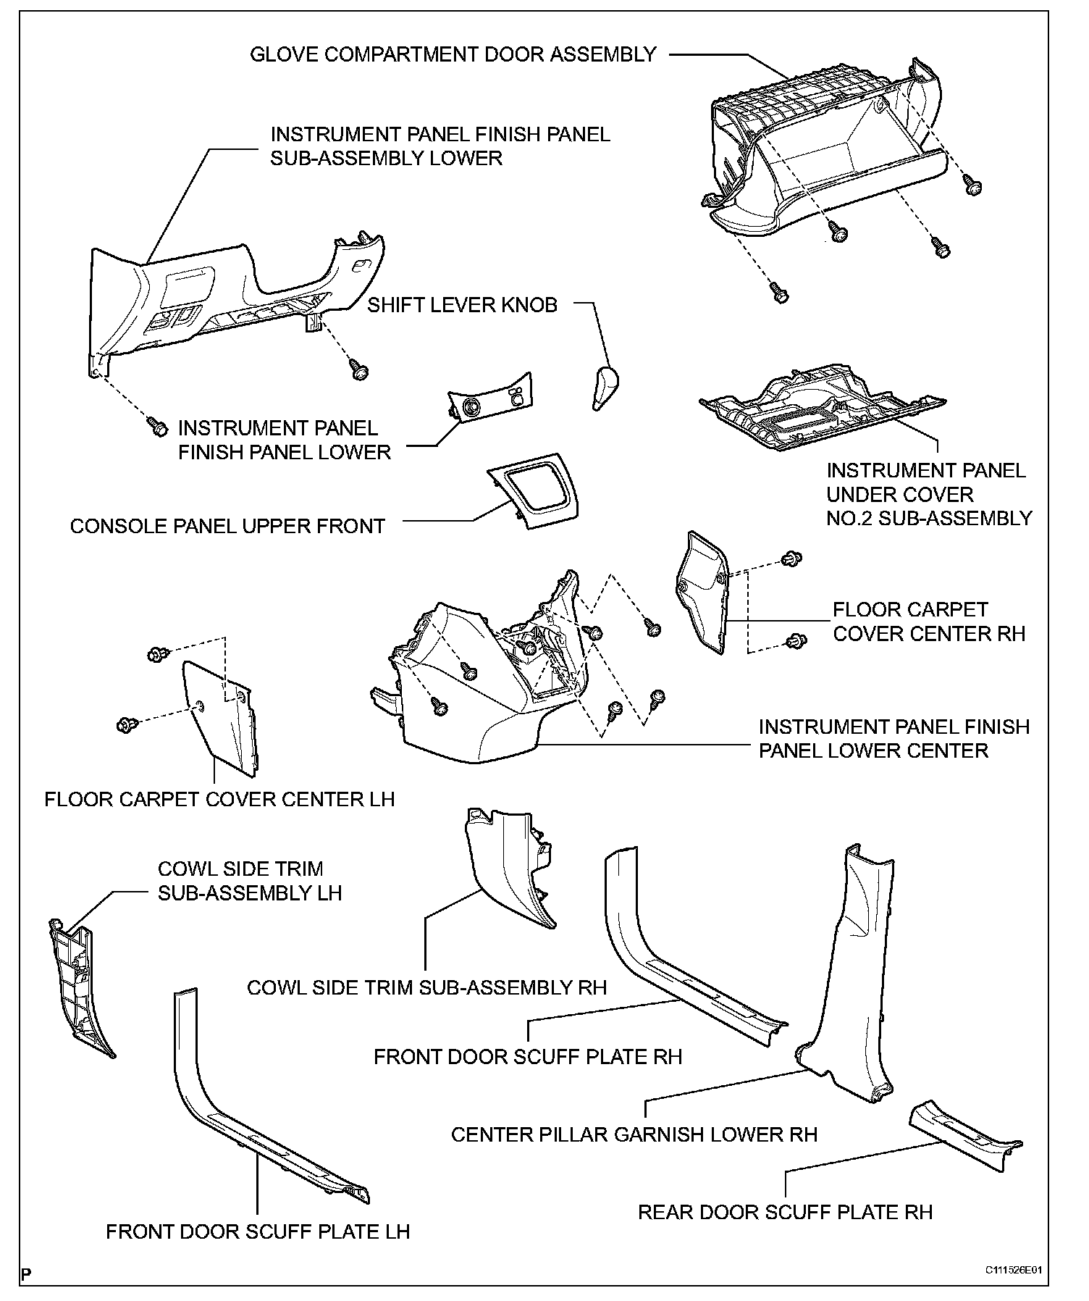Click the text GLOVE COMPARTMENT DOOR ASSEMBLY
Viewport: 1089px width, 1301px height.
(x=453, y=54)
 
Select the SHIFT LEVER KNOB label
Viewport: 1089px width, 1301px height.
(x=462, y=305)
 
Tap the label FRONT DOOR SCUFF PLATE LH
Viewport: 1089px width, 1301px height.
(x=258, y=1231)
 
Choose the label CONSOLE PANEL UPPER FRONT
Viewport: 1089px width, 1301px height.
(x=227, y=526)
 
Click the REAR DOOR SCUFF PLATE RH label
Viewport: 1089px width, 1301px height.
(x=785, y=1211)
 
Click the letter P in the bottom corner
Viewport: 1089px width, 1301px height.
(x=26, y=1273)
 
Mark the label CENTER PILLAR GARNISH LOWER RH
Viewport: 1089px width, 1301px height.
(x=634, y=1134)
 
